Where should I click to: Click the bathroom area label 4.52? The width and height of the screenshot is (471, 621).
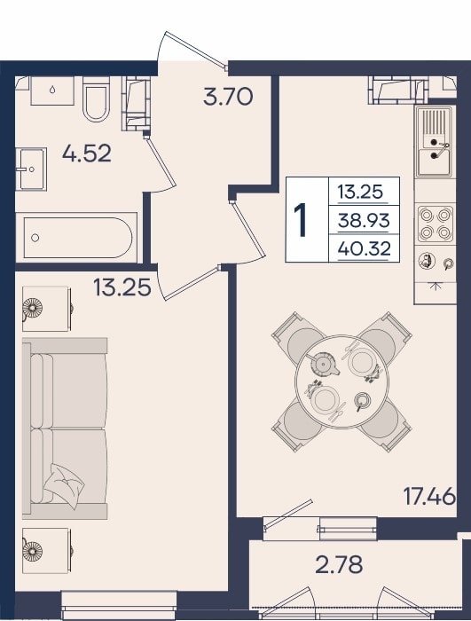click(87, 153)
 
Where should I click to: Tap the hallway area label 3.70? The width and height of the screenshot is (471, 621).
click(228, 97)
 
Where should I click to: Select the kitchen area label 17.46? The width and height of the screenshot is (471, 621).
click(429, 496)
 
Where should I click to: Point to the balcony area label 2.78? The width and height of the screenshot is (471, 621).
click(339, 565)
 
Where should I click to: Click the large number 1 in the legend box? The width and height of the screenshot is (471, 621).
click(302, 220)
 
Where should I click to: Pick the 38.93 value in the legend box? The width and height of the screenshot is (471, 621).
click(364, 220)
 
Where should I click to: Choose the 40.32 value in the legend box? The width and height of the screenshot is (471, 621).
click(365, 248)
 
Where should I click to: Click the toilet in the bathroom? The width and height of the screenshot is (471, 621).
click(97, 98)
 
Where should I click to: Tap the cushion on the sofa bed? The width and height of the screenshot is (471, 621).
click(63, 485)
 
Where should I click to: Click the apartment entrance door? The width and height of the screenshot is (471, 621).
click(192, 49)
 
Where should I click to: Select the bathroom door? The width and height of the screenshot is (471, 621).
click(160, 162)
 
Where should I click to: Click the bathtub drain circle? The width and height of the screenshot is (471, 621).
click(35, 238)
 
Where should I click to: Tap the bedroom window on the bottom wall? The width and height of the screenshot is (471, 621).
click(119, 604)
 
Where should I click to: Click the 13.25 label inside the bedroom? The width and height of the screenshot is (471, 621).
click(122, 287)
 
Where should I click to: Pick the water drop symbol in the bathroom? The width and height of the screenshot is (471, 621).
click(52, 90)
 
